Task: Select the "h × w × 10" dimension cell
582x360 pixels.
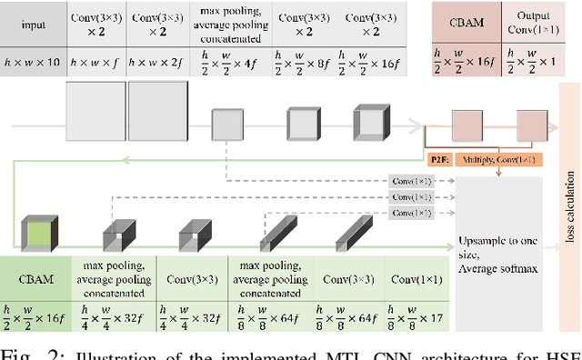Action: pos(33,63)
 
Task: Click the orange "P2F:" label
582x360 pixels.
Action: pos(440,158)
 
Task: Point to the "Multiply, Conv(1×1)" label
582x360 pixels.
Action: pos(498,158)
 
